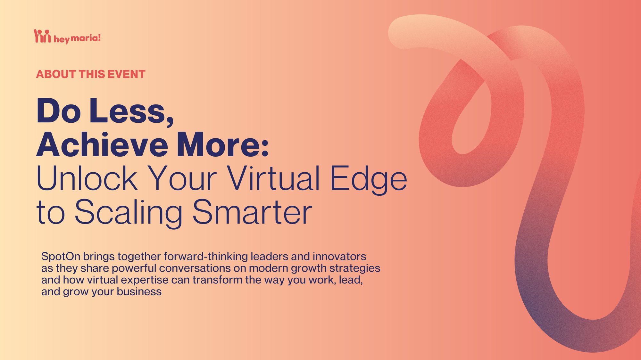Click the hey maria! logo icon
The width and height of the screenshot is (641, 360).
point(42,36)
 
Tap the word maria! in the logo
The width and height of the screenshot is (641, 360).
point(86,38)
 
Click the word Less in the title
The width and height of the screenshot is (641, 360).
point(131,111)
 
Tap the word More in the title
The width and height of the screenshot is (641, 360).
point(223,145)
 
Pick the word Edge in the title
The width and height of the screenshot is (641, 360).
point(369,180)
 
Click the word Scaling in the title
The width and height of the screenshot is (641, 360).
point(129,213)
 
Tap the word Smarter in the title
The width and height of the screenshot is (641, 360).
point(252,212)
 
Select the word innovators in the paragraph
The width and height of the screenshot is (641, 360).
point(339,257)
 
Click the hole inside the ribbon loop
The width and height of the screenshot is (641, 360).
point(471,122)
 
